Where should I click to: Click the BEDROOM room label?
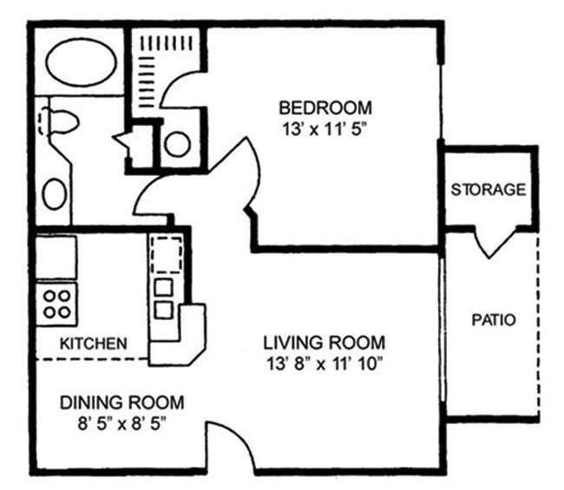tap(325, 108)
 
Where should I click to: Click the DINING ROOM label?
tap(121, 402)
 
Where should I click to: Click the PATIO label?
tap(493, 320)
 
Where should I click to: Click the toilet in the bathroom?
tap(57, 121)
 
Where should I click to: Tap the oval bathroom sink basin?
tap(54, 193)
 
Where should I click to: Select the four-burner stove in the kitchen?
tap(57, 304)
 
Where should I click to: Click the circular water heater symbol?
tap(177, 144)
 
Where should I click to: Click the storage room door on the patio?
tap(493, 243)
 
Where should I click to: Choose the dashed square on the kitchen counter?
tap(165, 254)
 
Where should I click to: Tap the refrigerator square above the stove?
tap(56, 257)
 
